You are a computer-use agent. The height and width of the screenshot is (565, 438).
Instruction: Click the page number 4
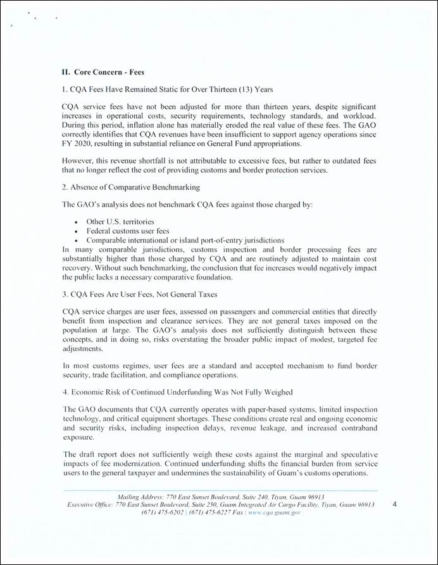point(395,505)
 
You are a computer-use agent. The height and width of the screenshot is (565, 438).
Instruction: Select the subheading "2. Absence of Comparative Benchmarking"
point(130,187)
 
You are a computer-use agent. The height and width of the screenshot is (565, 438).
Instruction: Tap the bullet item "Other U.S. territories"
point(120,222)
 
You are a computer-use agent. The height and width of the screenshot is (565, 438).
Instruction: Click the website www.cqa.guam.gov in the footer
point(274,513)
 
